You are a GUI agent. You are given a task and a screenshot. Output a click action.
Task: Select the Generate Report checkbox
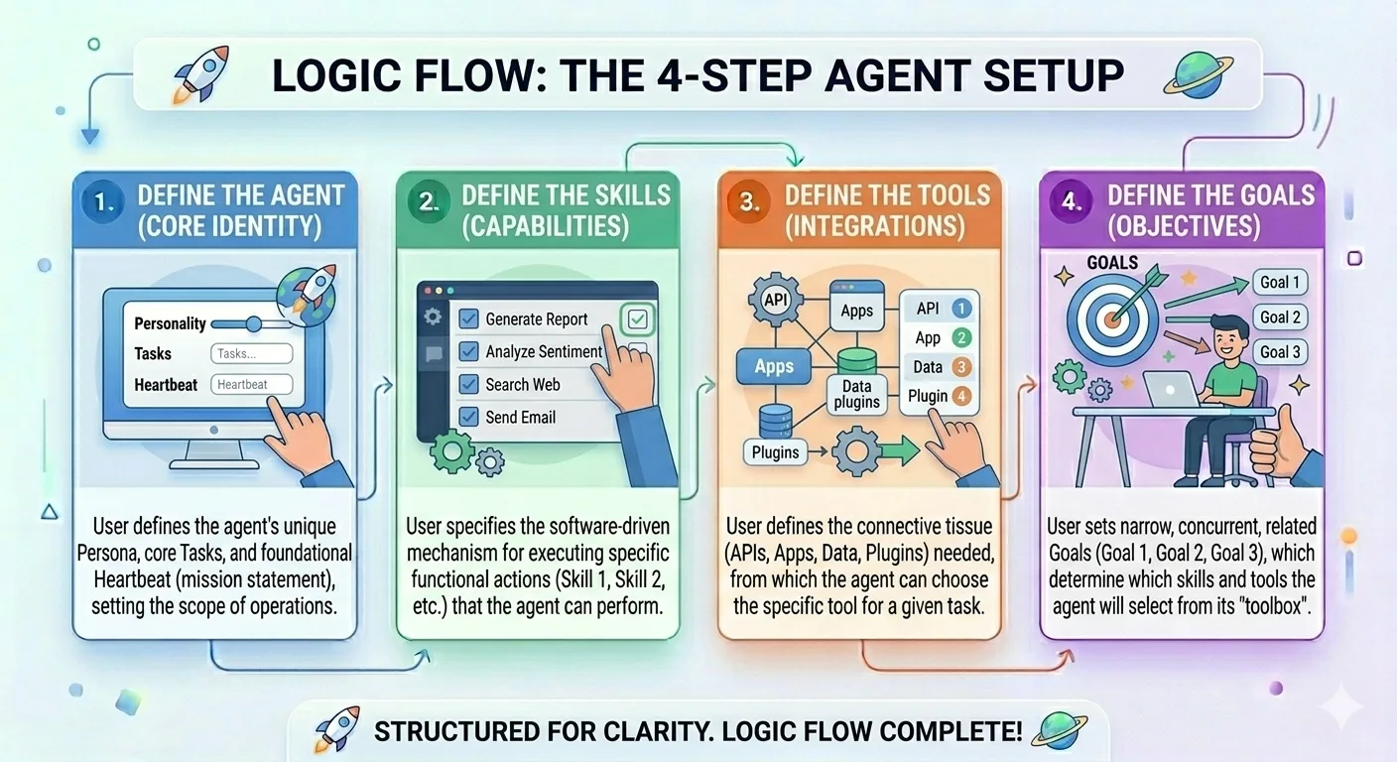[469, 318]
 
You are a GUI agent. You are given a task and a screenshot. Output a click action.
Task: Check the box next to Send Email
[469, 417]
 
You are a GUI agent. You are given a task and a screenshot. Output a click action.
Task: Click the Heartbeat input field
[252, 385]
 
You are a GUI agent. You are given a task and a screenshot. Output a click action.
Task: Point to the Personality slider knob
[253, 323]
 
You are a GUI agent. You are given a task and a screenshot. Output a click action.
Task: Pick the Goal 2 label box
[1280, 317]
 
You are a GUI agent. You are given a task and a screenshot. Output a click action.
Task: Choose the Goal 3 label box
[1280, 352]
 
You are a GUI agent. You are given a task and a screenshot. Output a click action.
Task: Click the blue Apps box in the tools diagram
[774, 366]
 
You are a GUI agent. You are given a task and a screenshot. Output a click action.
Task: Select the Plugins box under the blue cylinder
[775, 452]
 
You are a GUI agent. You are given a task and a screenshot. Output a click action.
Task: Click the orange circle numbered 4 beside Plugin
[960, 396]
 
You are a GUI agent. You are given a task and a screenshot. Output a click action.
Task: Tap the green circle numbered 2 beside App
[960, 337]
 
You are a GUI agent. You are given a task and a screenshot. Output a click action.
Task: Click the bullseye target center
[1112, 319]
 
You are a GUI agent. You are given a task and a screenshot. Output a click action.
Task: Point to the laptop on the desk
[1171, 391]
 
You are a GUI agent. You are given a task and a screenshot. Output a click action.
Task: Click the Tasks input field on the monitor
[252, 354]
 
